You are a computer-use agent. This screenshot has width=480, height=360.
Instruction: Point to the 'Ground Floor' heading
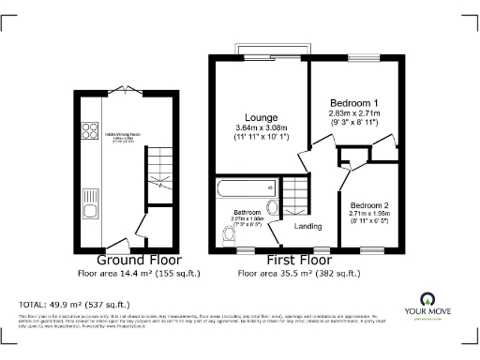140,260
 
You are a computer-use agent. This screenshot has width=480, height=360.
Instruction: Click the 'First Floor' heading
298,260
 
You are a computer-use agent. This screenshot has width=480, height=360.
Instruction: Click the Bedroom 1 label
354,102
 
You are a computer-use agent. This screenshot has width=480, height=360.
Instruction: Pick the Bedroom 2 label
369,204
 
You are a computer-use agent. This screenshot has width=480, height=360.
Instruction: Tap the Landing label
308,225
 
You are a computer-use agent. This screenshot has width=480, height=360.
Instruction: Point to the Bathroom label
247,213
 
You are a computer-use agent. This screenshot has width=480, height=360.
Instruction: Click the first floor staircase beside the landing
297,195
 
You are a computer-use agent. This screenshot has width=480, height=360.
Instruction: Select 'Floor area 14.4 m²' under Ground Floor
140,273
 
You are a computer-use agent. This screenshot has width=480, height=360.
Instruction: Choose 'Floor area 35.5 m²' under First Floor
298,273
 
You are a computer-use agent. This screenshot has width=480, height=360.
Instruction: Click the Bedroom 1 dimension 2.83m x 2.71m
354,113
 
